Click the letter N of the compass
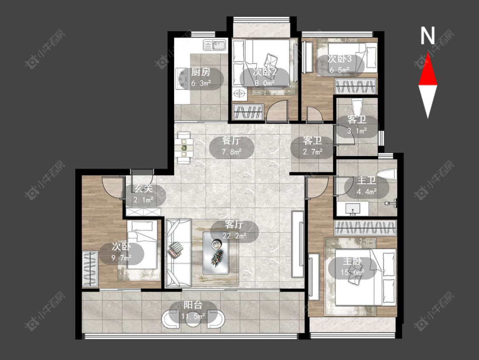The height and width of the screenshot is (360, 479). [x=427, y=35]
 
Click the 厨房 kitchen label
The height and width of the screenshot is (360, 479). [x=201, y=72]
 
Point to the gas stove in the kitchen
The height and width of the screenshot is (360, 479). [x=182, y=78]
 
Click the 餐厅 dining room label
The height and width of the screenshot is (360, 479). [x=231, y=141]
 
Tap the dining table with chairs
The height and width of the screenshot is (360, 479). [x=184, y=148]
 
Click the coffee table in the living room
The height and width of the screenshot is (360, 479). [x=216, y=253]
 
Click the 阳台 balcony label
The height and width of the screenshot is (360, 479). [x=193, y=305]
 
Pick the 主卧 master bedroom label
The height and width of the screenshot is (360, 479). [x=352, y=261]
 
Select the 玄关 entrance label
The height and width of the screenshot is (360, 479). [x=143, y=189]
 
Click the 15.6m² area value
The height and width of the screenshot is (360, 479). [x=352, y=272]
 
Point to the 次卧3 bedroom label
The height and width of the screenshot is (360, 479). [x=339, y=59]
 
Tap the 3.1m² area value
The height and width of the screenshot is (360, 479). [x=357, y=131]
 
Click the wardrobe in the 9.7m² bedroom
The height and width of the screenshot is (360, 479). [x=90, y=269]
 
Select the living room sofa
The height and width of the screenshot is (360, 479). [x=178, y=253]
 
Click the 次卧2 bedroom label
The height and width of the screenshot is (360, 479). [x=265, y=72]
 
